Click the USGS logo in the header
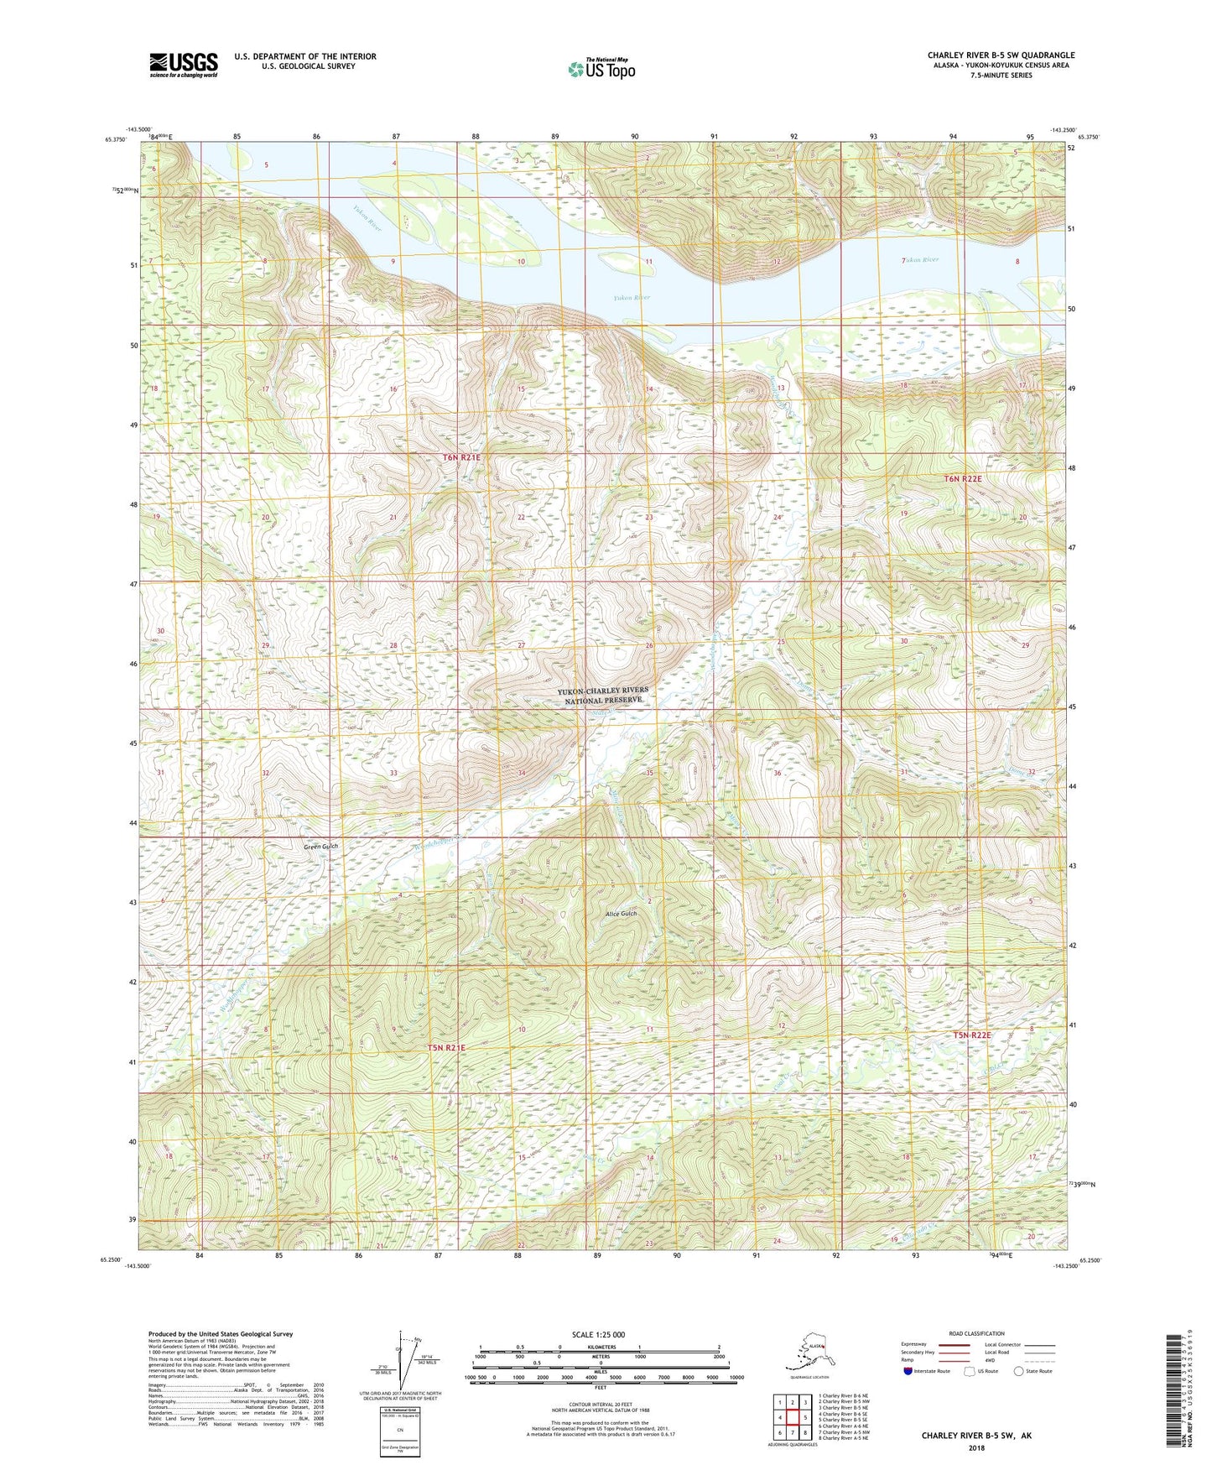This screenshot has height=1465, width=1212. (x=184, y=65)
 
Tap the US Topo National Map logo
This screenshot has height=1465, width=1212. (x=601, y=69)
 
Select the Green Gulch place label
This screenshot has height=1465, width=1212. (x=321, y=847)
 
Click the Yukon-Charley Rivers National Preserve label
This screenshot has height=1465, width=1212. (x=604, y=696)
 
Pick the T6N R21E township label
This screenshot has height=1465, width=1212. (x=461, y=457)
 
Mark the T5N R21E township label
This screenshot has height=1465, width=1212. (x=446, y=1047)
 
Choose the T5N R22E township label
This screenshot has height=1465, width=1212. (x=972, y=1035)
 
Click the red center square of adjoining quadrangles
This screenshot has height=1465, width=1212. (x=792, y=1418)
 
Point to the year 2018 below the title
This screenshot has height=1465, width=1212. (x=975, y=1447)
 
